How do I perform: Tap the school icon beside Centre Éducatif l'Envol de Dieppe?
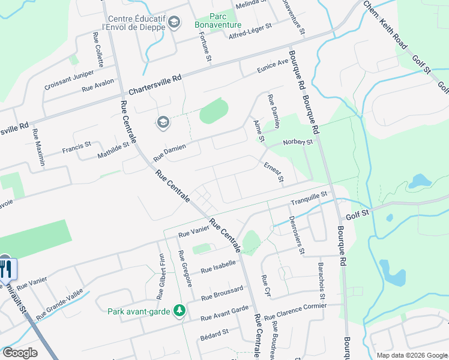tap(174, 23)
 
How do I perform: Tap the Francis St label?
tap(77, 146)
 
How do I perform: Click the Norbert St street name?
tap(299, 143)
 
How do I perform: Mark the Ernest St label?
tap(273, 172)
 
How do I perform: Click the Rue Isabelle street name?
tap(218, 267)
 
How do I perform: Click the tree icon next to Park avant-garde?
tap(178, 310)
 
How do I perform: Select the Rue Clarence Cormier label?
tap(295, 310)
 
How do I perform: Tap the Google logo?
tap(20, 353)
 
